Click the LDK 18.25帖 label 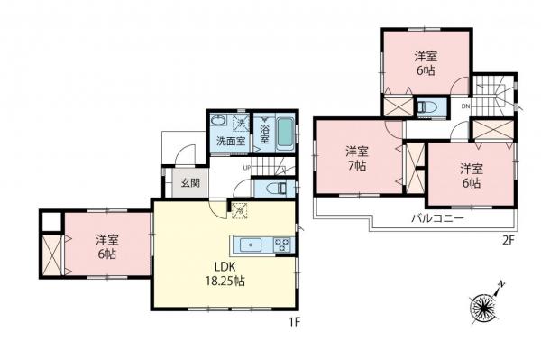point(227,273)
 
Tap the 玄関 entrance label point(190,182)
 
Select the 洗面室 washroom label point(230,142)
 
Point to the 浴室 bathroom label point(264,133)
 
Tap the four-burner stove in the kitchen point(280,244)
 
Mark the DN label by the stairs point(465,106)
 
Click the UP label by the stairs point(246,168)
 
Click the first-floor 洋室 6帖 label point(107,246)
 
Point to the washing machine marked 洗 point(241,123)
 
